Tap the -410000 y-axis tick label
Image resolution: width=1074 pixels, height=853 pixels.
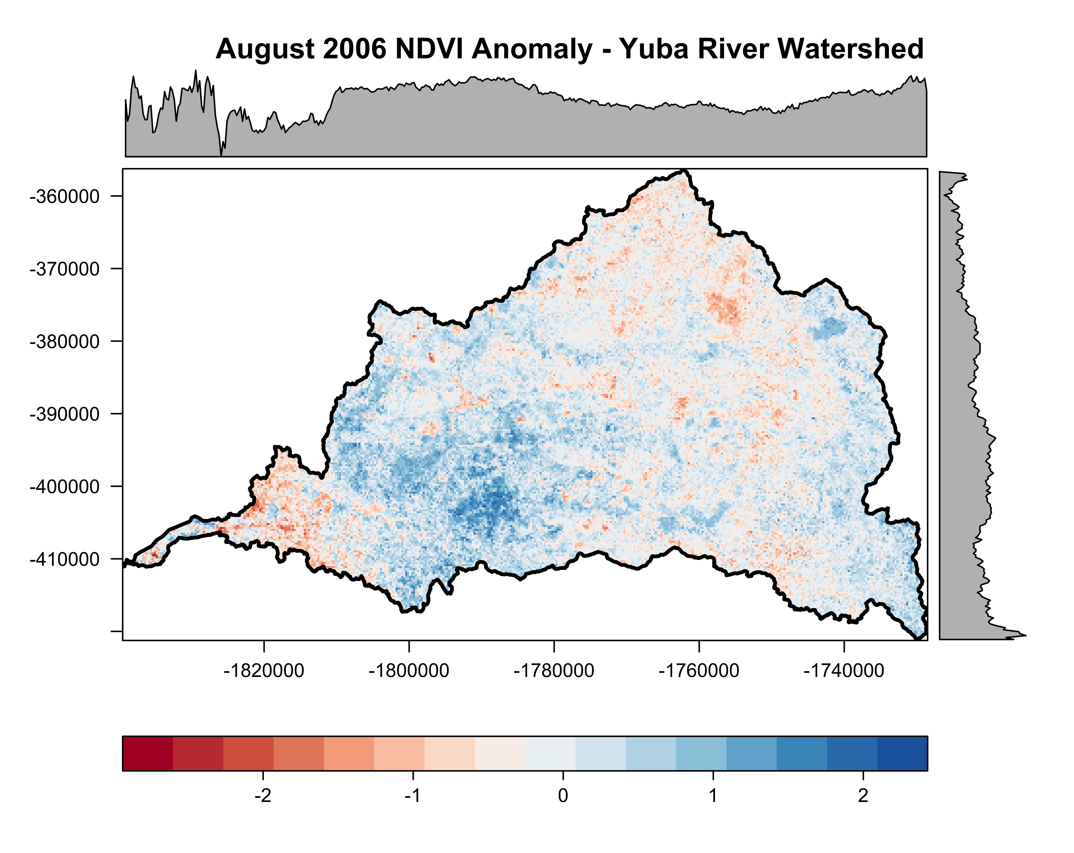click(x=65, y=559)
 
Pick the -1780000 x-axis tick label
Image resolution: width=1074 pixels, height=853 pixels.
click(x=554, y=670)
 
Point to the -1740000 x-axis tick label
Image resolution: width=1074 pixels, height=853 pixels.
click(x=844, y=670)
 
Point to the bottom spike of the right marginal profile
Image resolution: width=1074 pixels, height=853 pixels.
click(x=1025, y=635)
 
